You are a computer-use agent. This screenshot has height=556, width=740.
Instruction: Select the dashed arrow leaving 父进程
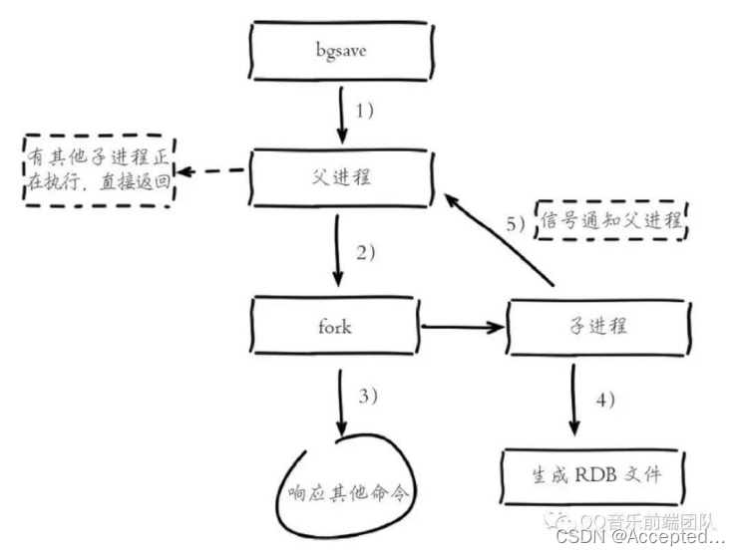tap(211, 171)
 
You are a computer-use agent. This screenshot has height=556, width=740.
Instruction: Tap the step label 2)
tap(366, 253)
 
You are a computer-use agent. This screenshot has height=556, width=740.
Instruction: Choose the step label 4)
tap(606, 400)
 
